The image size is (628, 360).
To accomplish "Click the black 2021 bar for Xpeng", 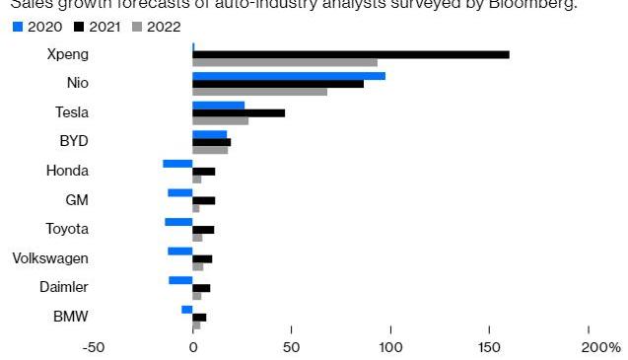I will [351, 54].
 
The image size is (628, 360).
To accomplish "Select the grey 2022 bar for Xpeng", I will [285, 63].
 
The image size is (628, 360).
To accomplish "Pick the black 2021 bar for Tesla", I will [239, 113].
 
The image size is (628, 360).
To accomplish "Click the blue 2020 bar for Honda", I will [178, 163].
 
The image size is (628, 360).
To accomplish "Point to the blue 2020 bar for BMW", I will [187, 309].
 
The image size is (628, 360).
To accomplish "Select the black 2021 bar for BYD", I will [212, 142].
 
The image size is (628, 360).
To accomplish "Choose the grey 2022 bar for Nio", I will [260, 93].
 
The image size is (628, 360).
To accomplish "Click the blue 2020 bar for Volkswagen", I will [180, 251].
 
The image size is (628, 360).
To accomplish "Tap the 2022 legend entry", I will [157, 27].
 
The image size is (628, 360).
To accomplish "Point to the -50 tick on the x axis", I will [93, 347].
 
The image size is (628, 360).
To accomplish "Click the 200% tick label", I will [600, 347].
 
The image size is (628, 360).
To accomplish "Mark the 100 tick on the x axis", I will [391, 347].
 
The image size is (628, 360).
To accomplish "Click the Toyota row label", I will [67, 229].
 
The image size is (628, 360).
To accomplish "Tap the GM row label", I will [77, 200].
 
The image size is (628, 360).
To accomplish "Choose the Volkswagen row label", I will [50, 258].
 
